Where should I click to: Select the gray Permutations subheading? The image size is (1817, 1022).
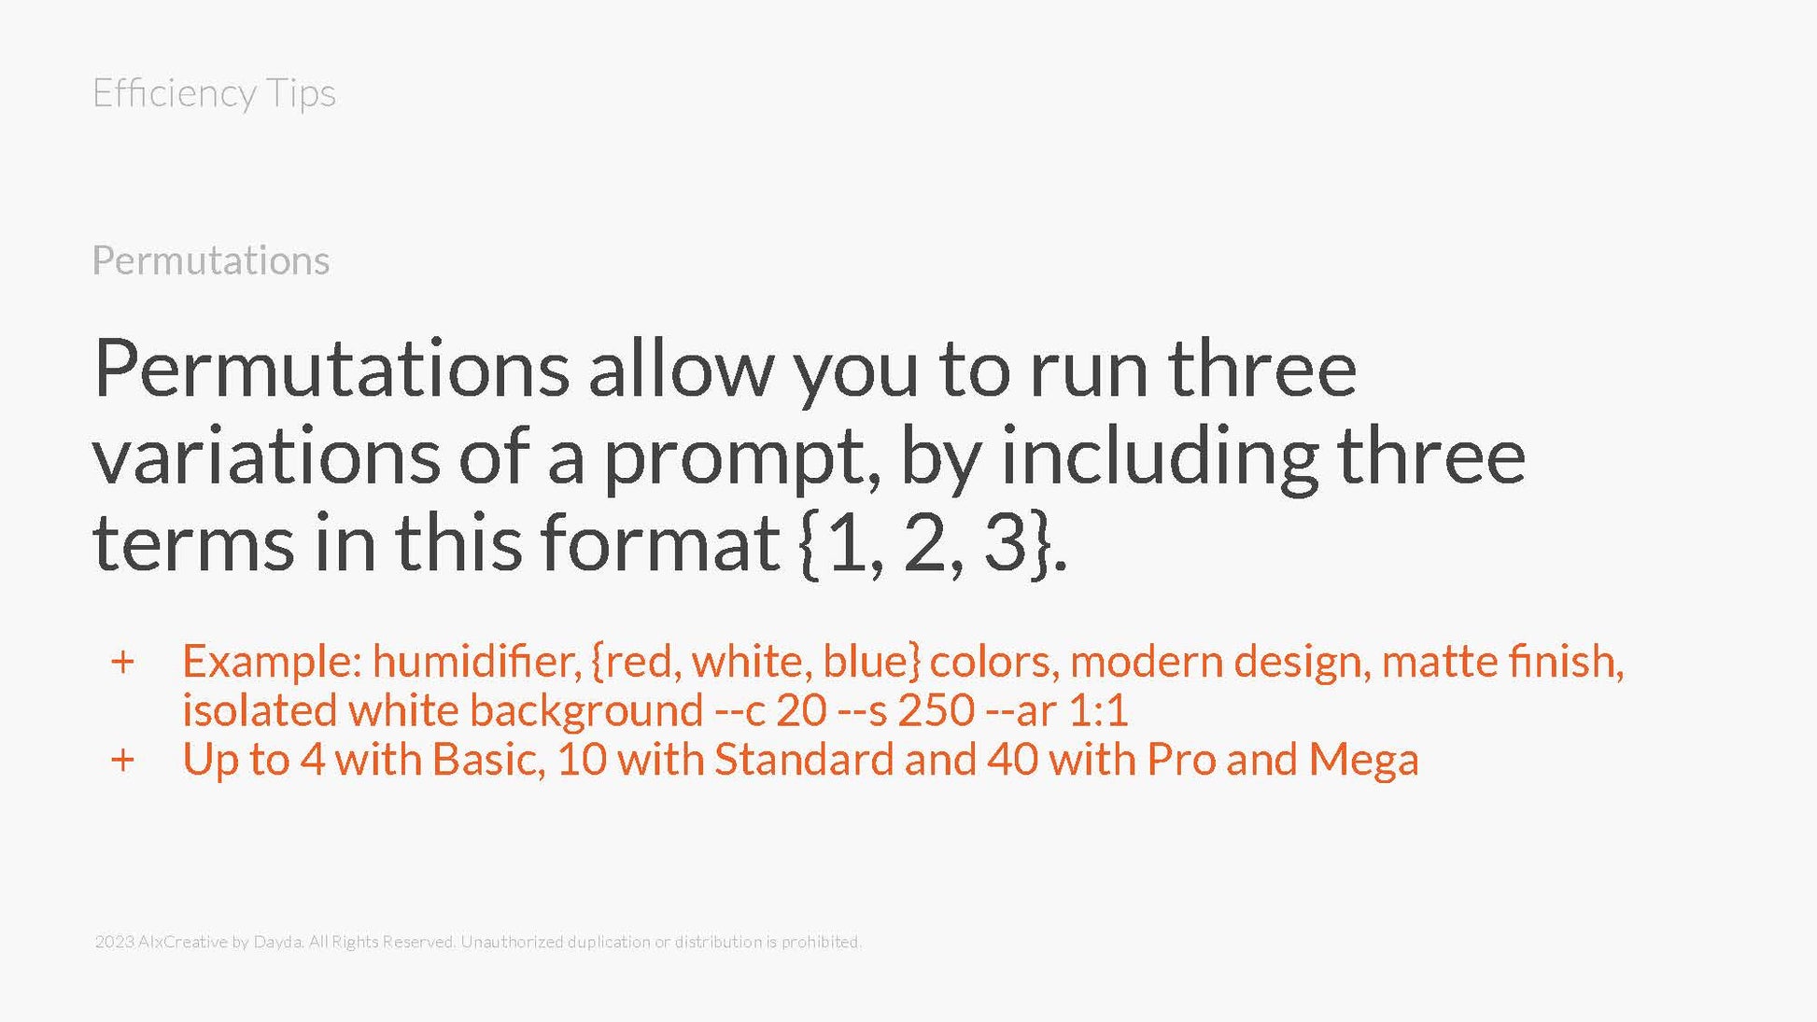tap(211, 260)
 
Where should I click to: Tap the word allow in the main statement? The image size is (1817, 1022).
tap(681, 369)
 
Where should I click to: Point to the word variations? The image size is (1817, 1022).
tap(266, 456)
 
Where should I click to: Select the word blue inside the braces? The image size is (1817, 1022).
tap(865, 661)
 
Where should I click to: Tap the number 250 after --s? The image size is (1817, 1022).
tap(936, 710)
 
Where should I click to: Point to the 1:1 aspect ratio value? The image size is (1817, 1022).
tap(1098, 711)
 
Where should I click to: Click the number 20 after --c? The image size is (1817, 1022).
tap(801, 710)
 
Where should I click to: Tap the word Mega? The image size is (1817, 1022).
tap(1363, 760)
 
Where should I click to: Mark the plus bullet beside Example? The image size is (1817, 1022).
tap(122, 662)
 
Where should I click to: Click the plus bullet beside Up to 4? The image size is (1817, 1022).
tap(122, 760)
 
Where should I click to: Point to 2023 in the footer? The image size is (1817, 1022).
tap(114, 942)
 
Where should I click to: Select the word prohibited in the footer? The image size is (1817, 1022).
tap(821, 942)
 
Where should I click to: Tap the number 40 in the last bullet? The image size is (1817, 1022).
tap(1012, 759)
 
